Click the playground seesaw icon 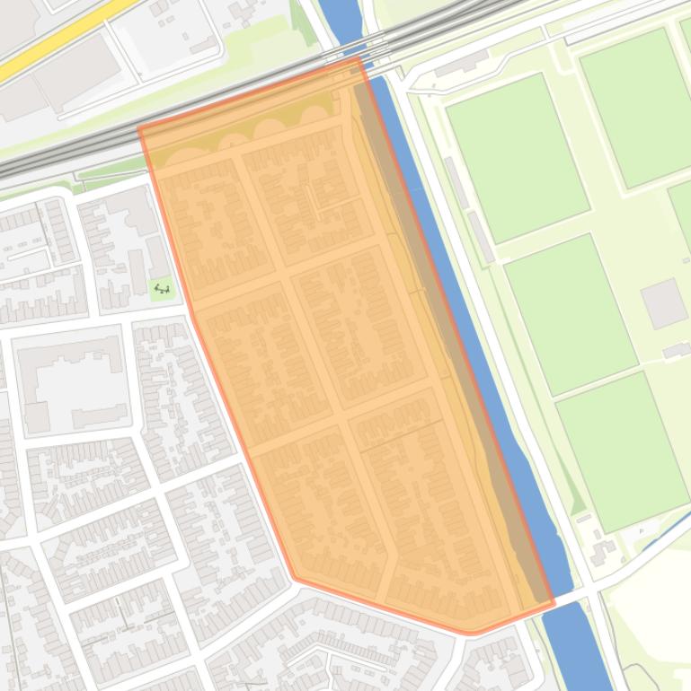(162, 288)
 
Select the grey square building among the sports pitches (663, 303)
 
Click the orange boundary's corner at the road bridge (554, 603)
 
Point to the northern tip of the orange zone (359, 59)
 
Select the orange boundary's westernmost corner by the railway (140, 128)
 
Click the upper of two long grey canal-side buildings (456, 182)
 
